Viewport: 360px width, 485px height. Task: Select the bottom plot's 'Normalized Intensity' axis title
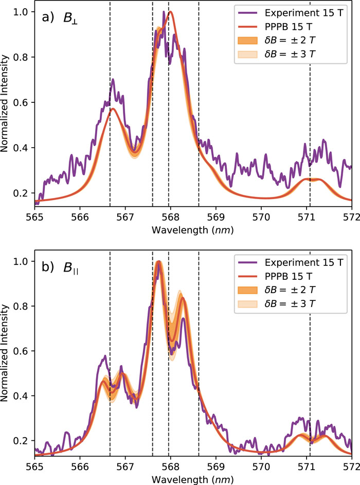pos(7,351)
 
